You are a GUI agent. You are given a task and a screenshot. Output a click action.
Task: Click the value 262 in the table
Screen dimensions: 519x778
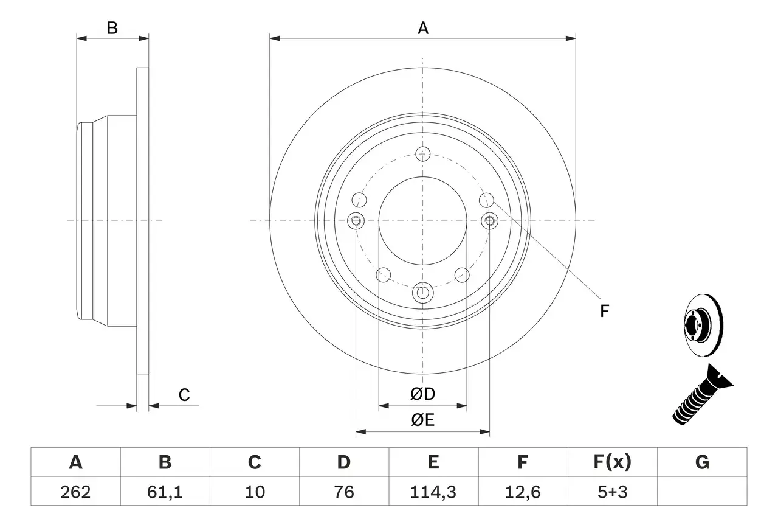click(x=75, y=492)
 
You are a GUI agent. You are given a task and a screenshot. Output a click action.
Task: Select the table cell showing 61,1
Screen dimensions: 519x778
click(x=165, y=492)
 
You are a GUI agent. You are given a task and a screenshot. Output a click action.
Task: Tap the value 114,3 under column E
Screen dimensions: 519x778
click(x=433, y=492)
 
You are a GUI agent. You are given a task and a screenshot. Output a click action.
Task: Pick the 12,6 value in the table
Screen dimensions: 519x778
click(x=522, y=492)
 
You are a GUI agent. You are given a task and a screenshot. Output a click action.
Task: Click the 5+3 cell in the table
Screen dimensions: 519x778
click(x=612, y=492)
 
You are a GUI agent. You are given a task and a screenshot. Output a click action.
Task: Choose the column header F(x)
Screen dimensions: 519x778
click(x=612, y=463)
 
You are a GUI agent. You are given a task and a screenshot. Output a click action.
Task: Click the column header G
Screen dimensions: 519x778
click(x=702, y=463)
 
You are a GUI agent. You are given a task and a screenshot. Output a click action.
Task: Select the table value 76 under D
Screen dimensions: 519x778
click(x=343, y=492)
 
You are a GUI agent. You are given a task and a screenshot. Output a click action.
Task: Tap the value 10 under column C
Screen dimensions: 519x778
click(x=254, y=492)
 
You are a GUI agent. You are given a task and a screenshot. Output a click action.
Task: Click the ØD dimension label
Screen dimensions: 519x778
click(x=423, y=394)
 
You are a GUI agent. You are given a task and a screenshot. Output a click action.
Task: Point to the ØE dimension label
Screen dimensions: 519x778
click(x=423, y=420)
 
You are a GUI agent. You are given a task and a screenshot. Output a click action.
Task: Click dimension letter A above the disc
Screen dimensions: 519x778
click(x=423, y=28)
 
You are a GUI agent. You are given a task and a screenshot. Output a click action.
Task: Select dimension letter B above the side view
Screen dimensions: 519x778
click(x=112, y=28)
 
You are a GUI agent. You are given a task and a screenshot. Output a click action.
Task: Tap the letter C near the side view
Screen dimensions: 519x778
click(x=184, y=395)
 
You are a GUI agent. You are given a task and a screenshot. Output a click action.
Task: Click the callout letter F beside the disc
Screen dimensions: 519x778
click(x=604, y=312)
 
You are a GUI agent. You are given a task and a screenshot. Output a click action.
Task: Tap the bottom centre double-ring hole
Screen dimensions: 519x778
click(x=423, y=293)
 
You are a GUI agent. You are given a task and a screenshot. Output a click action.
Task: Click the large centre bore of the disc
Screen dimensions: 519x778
click(x=423, y=220)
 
